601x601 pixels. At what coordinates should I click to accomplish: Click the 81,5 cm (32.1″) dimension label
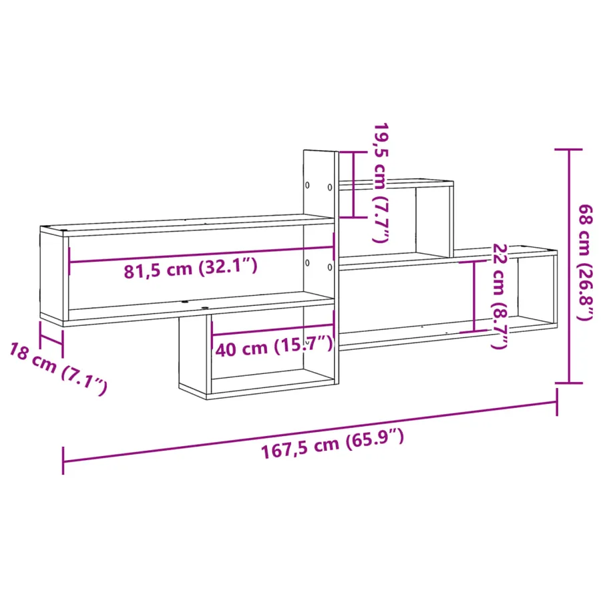(x=190, y=268)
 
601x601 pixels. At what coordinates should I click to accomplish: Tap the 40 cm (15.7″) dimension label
(x=274, y=347)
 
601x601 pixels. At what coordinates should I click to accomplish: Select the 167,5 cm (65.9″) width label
(x=333, y=444)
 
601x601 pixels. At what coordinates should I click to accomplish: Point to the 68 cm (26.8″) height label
(x=585, y=263)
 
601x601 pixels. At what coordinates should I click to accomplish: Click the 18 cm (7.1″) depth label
(x=58, y=369)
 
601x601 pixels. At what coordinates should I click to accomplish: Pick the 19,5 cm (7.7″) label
(x=381, y=182)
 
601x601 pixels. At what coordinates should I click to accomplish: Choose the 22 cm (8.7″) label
(x=499, y=296)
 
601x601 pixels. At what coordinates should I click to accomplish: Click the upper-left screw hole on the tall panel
(x=307, y=185)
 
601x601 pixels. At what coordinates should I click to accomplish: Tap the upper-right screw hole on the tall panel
(x=330, y=188)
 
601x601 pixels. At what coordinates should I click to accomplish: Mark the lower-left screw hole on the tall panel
(x=307, y=262)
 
